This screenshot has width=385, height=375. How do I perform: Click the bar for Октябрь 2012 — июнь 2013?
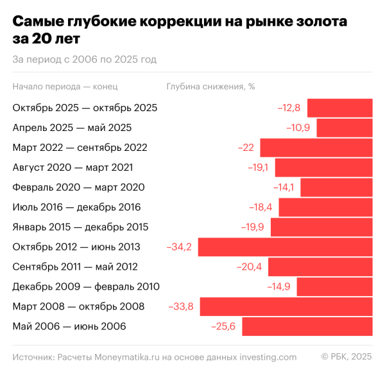[x=286, y=247]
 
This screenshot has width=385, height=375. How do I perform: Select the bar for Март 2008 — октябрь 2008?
[x=286, y=306]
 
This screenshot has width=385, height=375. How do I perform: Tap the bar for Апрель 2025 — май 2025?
[x=345, y=128]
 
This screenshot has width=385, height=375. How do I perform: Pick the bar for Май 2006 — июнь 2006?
[x=307, y=326]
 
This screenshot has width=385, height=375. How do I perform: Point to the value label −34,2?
[x=180, y=247]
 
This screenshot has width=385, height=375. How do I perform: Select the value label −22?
[x=246, y=148]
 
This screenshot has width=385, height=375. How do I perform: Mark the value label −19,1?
[x=258, y=168]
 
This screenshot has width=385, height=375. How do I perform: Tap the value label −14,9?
[x=280, y=286]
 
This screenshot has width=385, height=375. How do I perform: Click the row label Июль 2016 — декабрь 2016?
[x=76, y=207]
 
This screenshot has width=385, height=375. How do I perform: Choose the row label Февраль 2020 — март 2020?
[x=78, y=187]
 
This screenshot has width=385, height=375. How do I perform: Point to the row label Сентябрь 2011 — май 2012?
[x=75, y=266]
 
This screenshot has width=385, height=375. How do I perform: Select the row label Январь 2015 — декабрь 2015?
[x=80, y=227]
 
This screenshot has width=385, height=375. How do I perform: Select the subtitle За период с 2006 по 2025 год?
[x=84, y=60]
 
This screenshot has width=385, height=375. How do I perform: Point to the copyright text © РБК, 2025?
[x=346, y=357]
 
